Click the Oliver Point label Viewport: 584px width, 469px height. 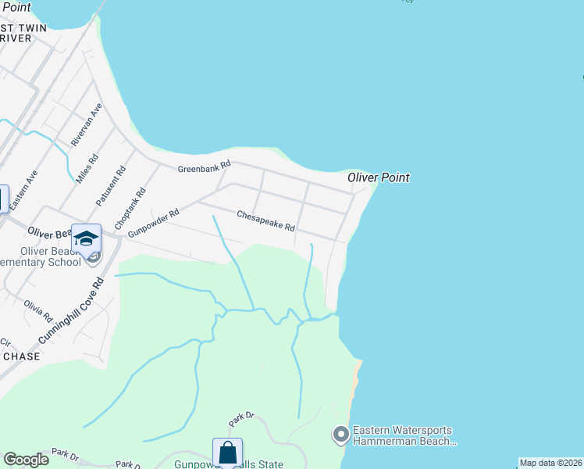pos(379,178)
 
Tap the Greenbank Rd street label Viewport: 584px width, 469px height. pos(205,167)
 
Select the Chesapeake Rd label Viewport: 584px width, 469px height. pos(265,220)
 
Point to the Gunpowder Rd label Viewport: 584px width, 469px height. pos(154,222)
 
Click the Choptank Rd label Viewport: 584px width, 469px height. pos(130,207)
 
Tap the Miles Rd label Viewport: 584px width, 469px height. pos(87,168)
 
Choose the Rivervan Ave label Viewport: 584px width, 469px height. pos(87,125)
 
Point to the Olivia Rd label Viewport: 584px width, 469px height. pos(37,311)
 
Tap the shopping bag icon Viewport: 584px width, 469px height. pos(227,453)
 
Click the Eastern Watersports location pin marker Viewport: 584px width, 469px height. pos(340,434)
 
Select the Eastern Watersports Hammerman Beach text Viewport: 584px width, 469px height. pos(404,435)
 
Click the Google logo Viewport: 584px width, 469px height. pos(26,460)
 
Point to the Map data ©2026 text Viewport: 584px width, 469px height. pos(551,463)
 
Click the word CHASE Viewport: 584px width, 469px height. pos(22,356)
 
